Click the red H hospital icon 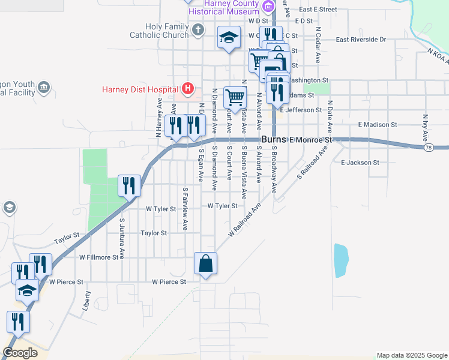(188, 89)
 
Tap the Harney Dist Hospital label (141, 90)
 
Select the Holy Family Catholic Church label (159, 31)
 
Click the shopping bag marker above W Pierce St (205, 263)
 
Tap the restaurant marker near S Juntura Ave (129, 185)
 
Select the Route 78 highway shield (428, 147)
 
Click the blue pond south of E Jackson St (340, 260)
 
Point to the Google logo (20, 353)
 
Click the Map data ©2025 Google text (412, 355)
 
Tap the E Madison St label (377, 125)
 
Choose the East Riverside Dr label (361, 40)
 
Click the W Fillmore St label (99, 257)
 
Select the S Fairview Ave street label (185, 209)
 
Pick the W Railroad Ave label (245, 220)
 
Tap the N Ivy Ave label (425, 127)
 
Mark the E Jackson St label (360, 163)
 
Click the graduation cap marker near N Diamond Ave (229, 38)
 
